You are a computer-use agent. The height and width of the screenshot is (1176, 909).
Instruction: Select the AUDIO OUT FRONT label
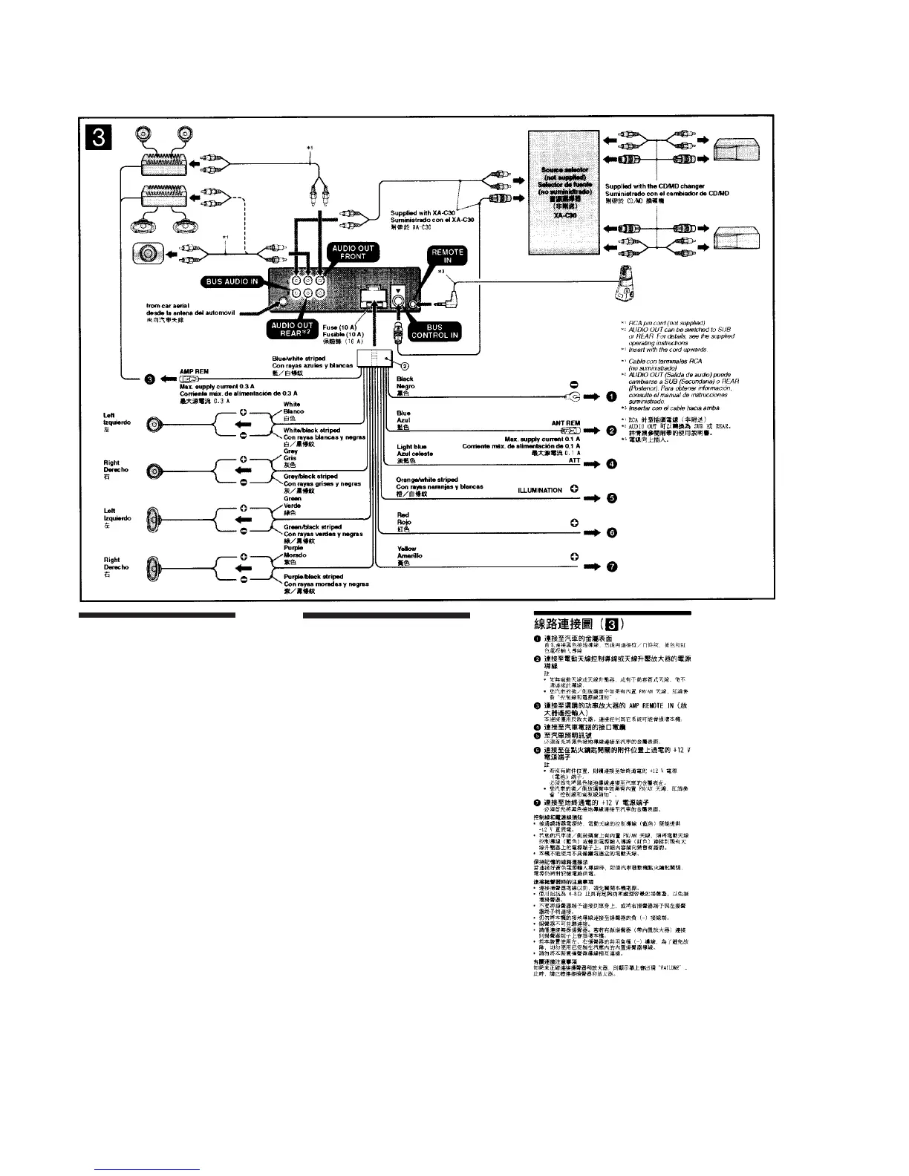[x=353, y=252]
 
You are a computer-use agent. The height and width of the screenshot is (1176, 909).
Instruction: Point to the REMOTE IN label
[x=448, y=256]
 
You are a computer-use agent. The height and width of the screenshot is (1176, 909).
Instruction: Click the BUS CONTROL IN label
[x=434, y=331]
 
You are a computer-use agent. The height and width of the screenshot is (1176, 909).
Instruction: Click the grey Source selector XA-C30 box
[x=561, y=189]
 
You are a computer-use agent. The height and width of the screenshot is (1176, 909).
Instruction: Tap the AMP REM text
[x=194, y=372]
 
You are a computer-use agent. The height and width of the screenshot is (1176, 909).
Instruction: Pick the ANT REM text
[x=566, y=423]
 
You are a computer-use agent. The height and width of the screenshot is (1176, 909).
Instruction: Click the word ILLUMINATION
[x=540, y=491]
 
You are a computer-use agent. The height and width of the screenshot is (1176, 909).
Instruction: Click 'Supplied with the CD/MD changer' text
[x=654, y=186]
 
